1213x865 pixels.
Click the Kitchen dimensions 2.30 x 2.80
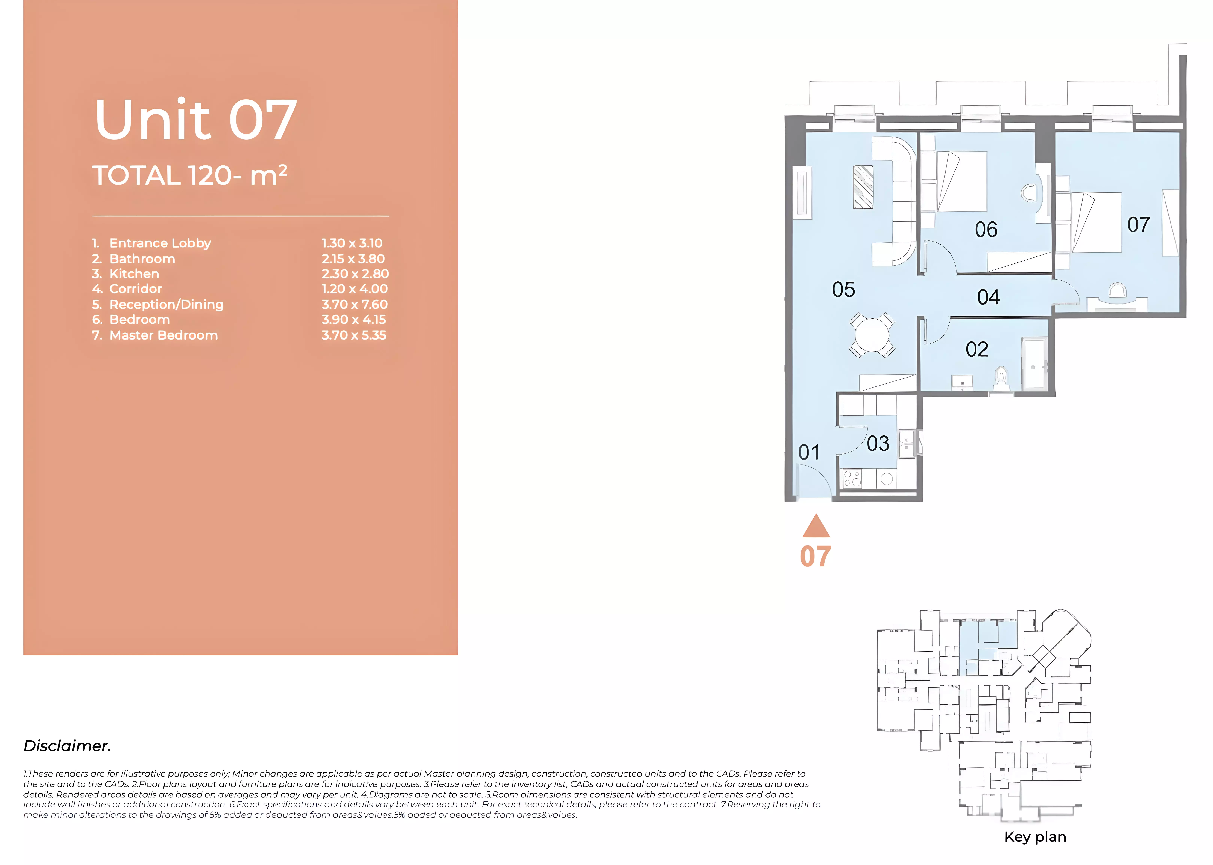[x=355, y=274]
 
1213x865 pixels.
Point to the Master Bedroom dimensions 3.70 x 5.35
[x=354, y=335]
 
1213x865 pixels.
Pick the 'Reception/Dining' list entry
[x=166, y=305]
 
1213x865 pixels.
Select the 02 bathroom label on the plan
[x=977, y=349]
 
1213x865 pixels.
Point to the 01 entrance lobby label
[x=809, y=453]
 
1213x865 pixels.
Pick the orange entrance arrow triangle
[x=816, y=526]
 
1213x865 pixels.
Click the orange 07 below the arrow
[x=815, y=557]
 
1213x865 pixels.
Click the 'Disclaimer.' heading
[x=67, y=746]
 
